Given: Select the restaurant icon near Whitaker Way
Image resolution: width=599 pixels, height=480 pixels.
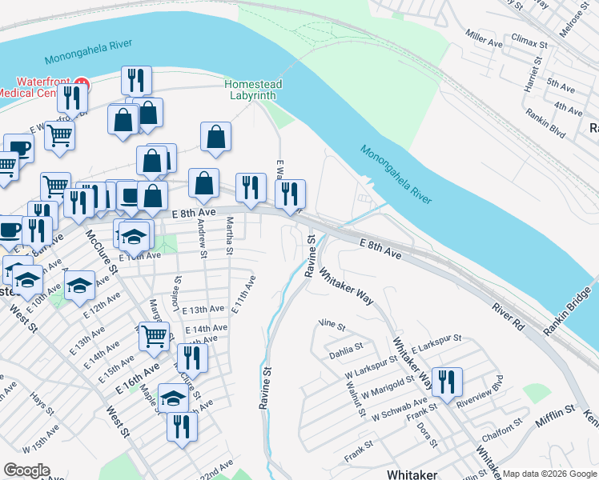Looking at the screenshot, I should coord(446,382).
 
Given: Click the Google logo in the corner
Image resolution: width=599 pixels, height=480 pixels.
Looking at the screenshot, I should coord(26,470).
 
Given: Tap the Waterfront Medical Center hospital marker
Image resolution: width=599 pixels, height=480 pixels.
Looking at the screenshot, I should coord(82,82).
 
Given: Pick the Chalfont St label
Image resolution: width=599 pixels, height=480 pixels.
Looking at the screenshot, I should coord(502,438).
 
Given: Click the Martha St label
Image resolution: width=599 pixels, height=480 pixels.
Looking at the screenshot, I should coord(230,236).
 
